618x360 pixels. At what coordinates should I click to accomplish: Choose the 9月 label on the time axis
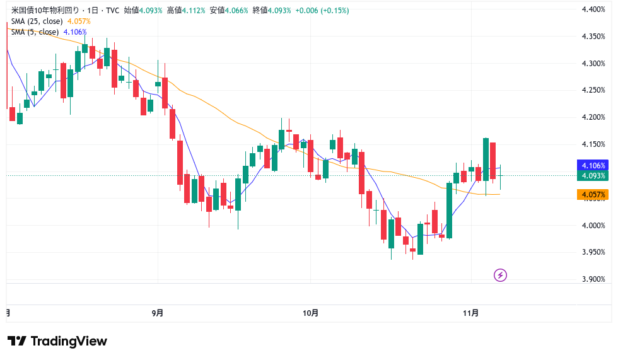tap(158, 312)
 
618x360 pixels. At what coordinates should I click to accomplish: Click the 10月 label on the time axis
tap(311, 312)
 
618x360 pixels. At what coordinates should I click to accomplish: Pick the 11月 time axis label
tap(471, 312)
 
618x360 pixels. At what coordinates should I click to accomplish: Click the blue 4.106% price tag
tap(593, 165)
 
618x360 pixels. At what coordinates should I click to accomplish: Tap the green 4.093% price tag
tap(593, 176)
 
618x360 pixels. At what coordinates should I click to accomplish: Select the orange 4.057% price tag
tap(593, 195)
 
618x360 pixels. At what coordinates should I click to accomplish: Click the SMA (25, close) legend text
tap(37, 21)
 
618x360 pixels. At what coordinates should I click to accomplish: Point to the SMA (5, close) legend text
tap(35, 32)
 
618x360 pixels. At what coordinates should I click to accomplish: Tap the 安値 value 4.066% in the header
tap(238, 11)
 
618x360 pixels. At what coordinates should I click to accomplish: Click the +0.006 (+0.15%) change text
tap(323, 11)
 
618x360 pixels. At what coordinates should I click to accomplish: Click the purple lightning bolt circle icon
tap(500, 275)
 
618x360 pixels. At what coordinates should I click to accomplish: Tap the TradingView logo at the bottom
tap(57, 341)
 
